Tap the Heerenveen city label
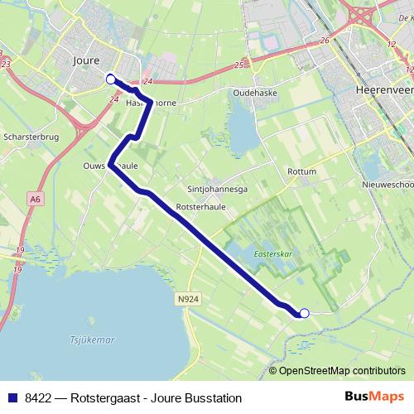pos(383,89)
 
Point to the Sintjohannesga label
pos(218,188)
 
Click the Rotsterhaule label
pos(195,206)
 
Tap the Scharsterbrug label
pos(31,137)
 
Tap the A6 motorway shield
pos(35,199)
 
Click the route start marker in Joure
pos(111,79)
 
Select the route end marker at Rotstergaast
pos(304,313)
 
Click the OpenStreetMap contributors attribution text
pos(341,371)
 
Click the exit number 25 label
pos(238,64)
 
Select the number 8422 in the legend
pos(38,397)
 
